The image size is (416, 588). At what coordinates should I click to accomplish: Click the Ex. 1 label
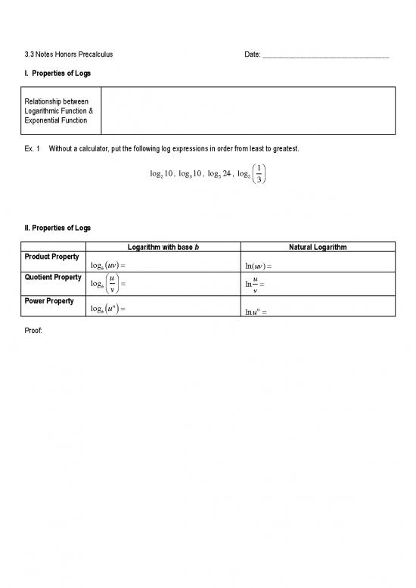pyautogui.click(x=33, y=148)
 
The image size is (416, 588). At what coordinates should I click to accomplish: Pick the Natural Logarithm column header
pyautogui.click(x=318, y=246)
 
